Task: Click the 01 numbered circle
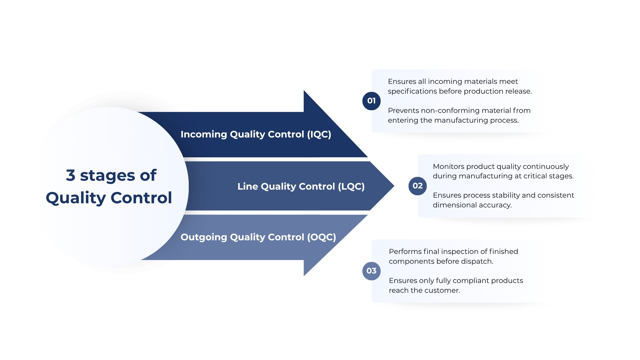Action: pyautogui.click(x=371, y=101)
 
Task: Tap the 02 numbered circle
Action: pyautogui.click(x=417, y=186)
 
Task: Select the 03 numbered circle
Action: pyautogui.click(x=371, y=271)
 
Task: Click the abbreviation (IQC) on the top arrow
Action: pyautogui.click(x=319, y=134)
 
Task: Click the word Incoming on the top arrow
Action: pyautogui.click(x=204, y=134)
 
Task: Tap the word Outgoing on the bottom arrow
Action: pyautogui.click(x=204, y=237)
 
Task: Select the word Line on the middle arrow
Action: pyautogui.click(x=248, y=186)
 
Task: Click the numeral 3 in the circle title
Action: pyautogui.click(x=71, y=175)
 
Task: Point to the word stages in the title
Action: pyautogui.click(x=108, y=176)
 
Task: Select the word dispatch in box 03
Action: pyautogui.click(x=479, y=261)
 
